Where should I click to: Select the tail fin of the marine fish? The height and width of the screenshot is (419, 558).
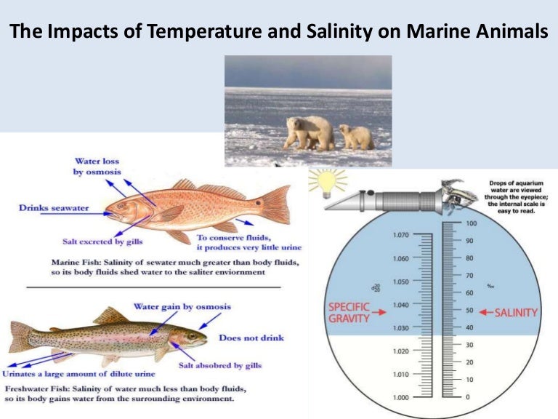275,203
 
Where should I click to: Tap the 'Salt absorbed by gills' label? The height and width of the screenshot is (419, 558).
220,364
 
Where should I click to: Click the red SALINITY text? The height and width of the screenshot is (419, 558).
516,312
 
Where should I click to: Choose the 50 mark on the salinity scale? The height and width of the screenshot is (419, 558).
470,310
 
